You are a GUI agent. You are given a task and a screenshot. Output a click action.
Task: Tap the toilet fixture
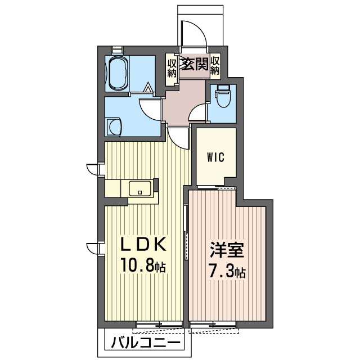point(223,96)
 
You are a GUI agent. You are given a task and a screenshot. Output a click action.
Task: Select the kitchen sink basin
point(140,188)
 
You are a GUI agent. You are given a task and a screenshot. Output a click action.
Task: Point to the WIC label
point(215,157)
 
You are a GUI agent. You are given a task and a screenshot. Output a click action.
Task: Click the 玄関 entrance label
point(195,64)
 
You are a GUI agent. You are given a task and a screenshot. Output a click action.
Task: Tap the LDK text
point(143,245)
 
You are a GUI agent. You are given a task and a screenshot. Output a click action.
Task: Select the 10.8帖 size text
point(143,265)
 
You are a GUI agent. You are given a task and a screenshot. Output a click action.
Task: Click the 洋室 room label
point(226,250)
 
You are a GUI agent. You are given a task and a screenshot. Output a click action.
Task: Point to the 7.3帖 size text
point(227,271)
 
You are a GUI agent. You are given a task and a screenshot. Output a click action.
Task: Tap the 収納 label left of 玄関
point(172,68)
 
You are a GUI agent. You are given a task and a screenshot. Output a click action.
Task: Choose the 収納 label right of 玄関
point(215,66)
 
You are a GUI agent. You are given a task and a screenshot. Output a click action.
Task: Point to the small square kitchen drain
point(140,192)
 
